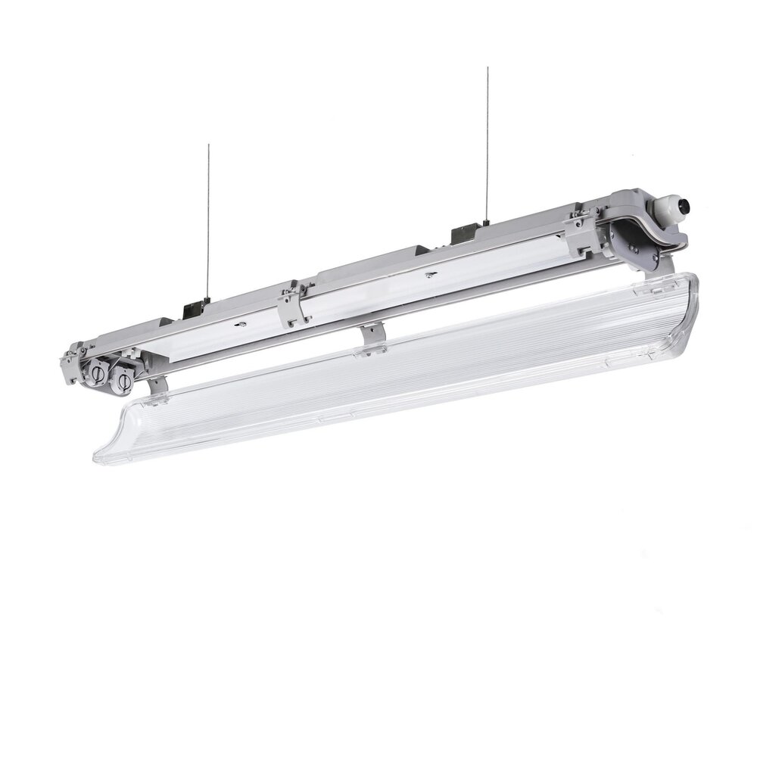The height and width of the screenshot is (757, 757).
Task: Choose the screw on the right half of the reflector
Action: pos(430,274)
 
